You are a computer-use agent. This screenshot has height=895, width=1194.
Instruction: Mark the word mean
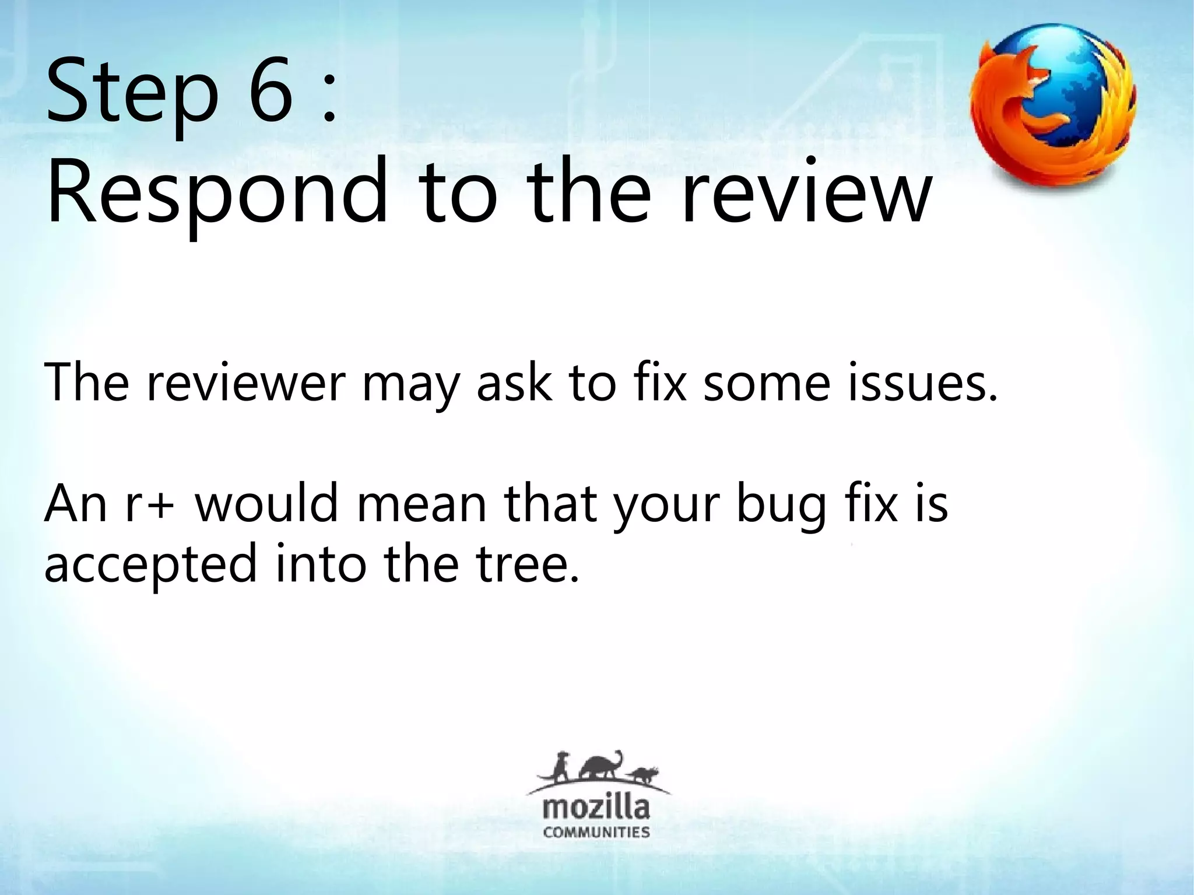tap(422, 504)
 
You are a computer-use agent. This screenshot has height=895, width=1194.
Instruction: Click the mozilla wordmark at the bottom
tap(596, 809)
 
